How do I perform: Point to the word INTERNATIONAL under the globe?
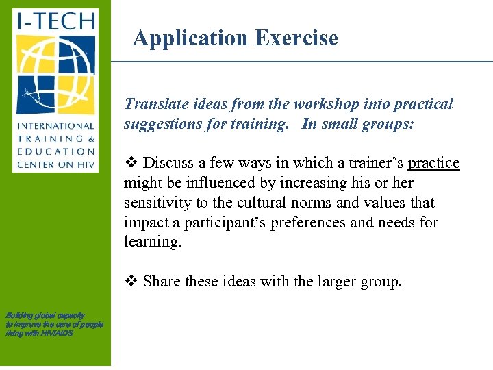(55, 126)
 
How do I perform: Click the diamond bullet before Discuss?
(130, 164)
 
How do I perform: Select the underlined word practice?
(433, 164)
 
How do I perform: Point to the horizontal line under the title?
(301, 61)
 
